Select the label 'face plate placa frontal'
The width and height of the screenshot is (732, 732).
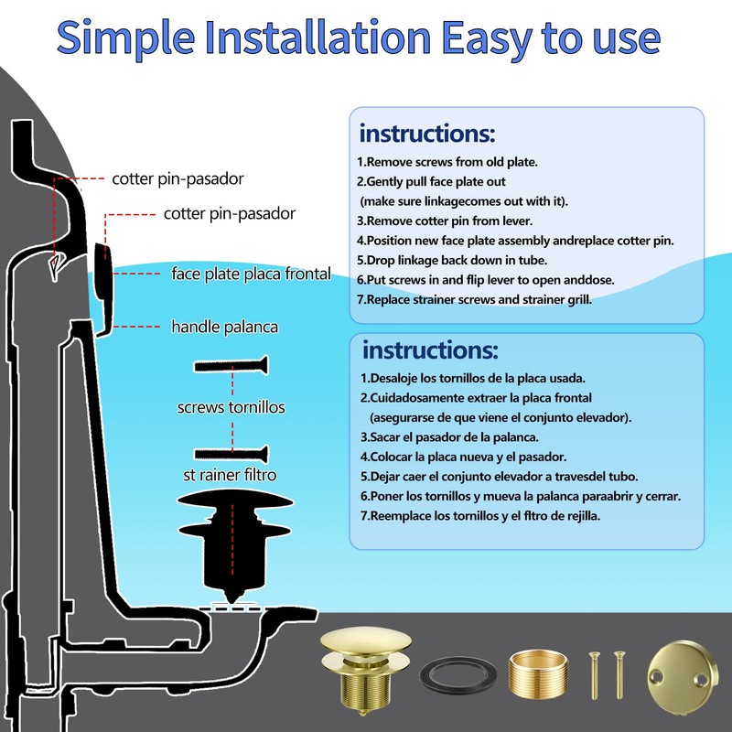251,274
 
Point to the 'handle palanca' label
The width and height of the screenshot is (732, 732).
225,327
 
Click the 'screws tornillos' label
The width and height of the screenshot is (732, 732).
231,407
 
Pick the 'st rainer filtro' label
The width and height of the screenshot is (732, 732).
228,475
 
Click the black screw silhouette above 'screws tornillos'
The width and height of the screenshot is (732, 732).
231,366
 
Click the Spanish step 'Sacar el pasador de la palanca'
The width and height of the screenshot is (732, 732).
452,436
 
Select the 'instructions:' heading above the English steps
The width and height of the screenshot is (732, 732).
426,133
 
